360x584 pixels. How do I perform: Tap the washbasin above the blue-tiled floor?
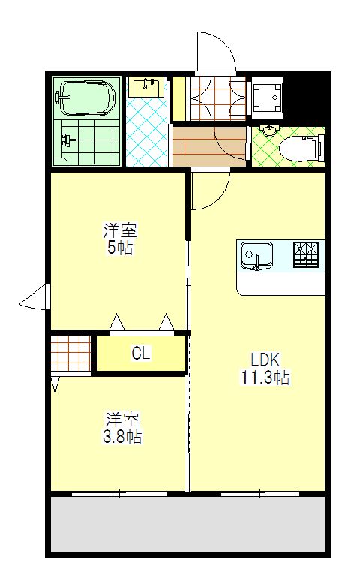point(146,87)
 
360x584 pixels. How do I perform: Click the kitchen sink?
point(256,257)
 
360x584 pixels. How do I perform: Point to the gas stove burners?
point(306,255)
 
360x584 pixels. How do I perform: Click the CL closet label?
point(140,354)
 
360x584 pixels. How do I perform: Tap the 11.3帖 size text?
point(265,378)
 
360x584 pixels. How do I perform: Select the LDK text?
point(265,359)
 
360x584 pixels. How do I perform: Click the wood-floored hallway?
point(208,146)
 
